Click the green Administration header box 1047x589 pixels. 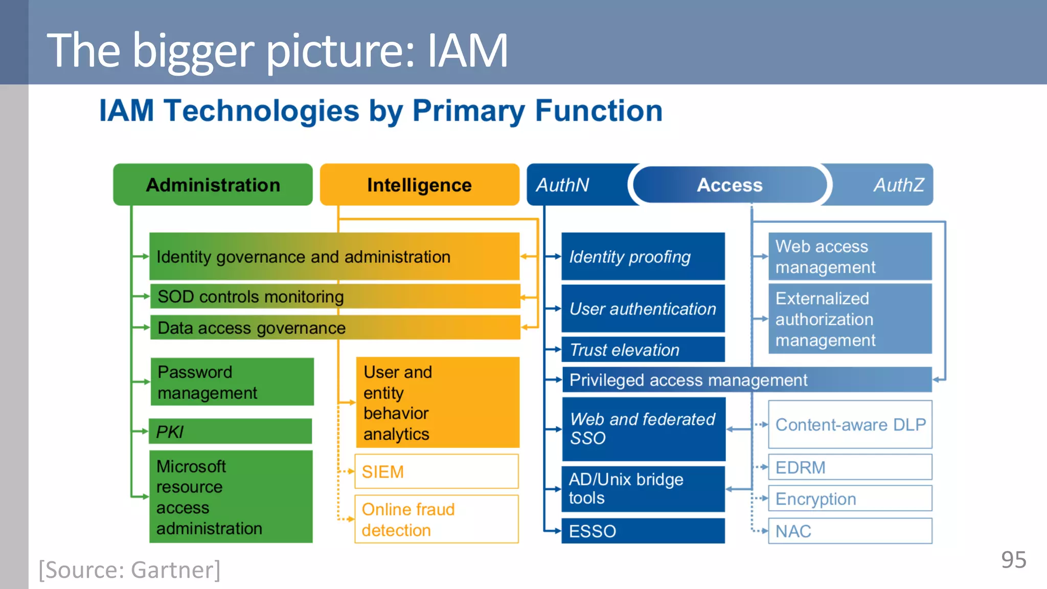[213, 185]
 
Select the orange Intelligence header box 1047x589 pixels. [419, 185]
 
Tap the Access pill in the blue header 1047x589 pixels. [730, 185]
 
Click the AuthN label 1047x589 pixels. [563, 185]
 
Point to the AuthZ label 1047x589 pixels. [898, 185]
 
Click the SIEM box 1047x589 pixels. [436, 471]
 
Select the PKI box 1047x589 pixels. [231, 432]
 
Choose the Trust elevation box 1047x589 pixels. [643, 350]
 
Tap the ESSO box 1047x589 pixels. [643, 531]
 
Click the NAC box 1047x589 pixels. [850, 531]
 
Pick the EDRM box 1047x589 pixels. [850, 467]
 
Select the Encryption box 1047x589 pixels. [850, 499]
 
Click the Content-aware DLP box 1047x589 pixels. [850, 424]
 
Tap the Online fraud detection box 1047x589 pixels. [436, 519]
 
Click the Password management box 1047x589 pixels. [232, 382]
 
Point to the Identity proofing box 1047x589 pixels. [643, 256]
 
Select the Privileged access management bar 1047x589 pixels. [746, 380]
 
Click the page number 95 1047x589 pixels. [1013, 560]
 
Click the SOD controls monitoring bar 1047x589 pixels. [335, 297]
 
